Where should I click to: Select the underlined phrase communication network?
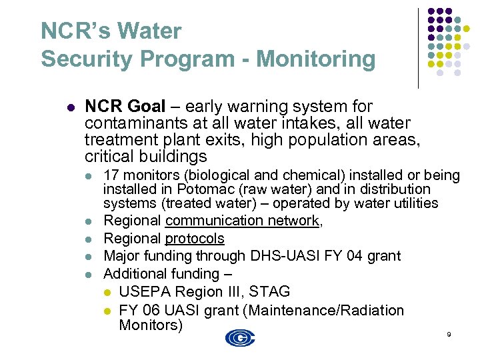tap(243, 221)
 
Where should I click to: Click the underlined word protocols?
tap(195, 239)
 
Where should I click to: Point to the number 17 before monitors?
tap(111, 175)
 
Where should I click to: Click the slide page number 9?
tap(449, 333)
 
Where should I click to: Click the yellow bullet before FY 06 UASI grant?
tap(109, 311)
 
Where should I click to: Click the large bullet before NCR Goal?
tap(70, 107)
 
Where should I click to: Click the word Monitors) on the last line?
tap(150, 325)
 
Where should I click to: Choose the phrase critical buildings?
tap(146, 157)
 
